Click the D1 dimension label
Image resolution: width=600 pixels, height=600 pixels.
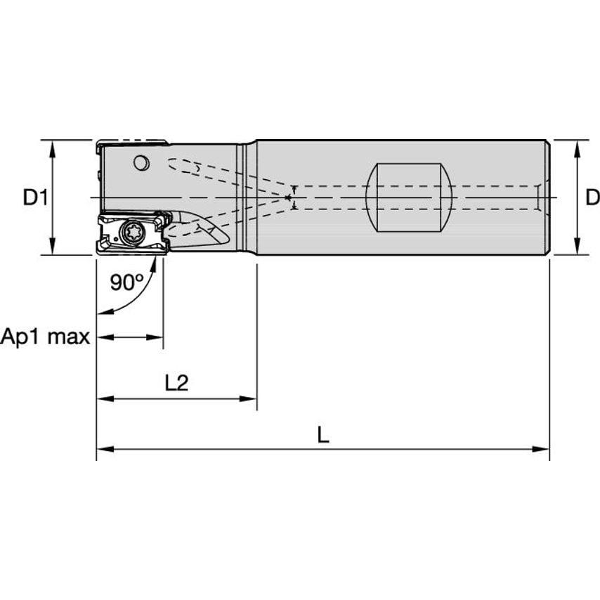[36, 198]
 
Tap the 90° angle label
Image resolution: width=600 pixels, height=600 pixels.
[127, 282]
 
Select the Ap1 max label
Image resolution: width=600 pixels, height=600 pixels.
[45, 337]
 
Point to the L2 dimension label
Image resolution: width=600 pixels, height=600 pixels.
[177, 383]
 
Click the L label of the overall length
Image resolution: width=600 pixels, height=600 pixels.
[323, 435]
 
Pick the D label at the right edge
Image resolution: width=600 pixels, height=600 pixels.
[593, 198]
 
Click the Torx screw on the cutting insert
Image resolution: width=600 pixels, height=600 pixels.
[131, 232]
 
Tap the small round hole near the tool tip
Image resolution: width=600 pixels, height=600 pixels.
[142, 163]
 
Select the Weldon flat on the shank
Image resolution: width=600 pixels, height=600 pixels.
[409, 197]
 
